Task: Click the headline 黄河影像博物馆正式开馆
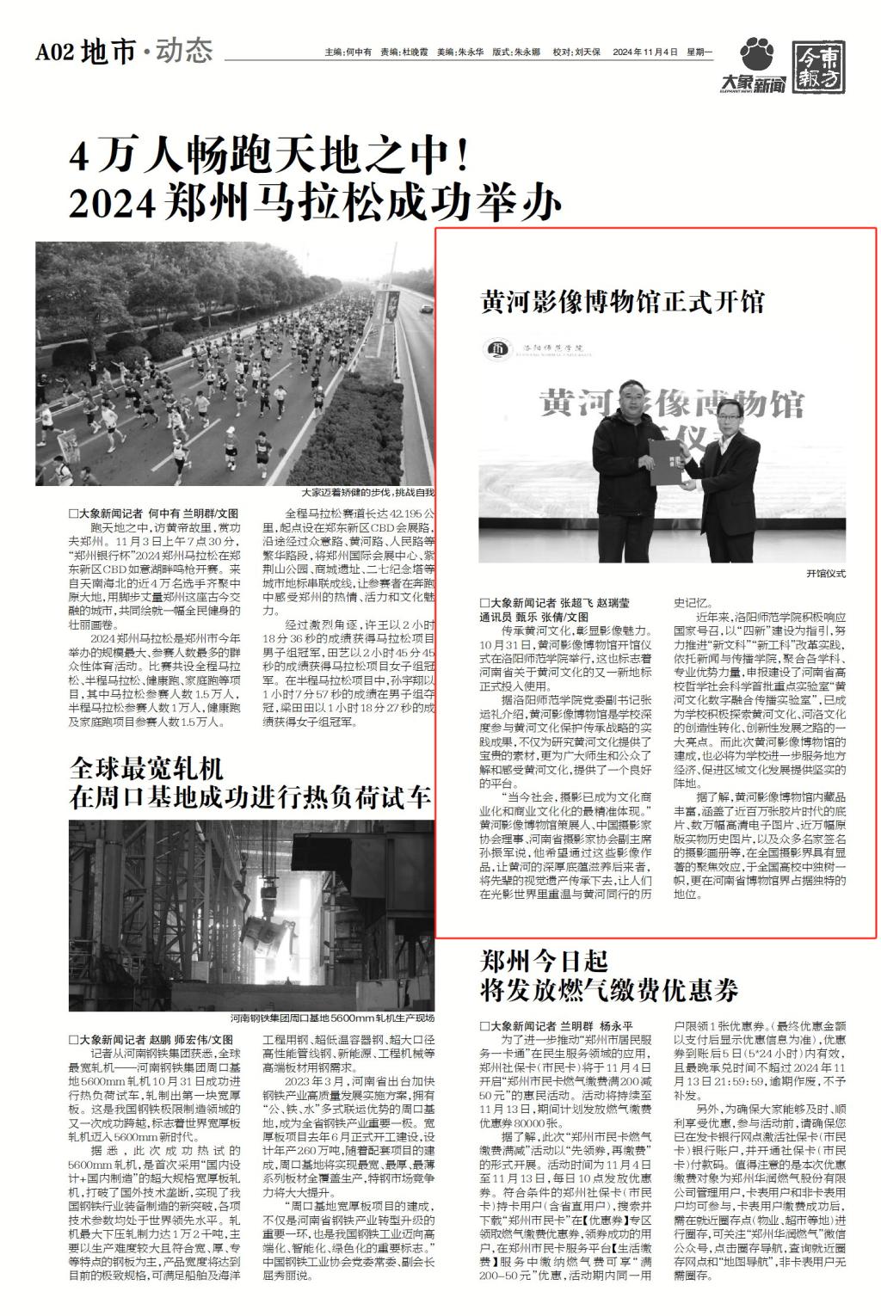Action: [x=622, y=303]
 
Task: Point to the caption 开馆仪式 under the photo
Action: [x=826, y=573]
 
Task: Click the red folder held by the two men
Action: [x=667, y=459]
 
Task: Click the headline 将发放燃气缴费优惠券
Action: [x=608, y=991]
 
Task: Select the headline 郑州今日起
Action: [x=543, y=961]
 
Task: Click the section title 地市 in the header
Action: [x=108, y=53]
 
